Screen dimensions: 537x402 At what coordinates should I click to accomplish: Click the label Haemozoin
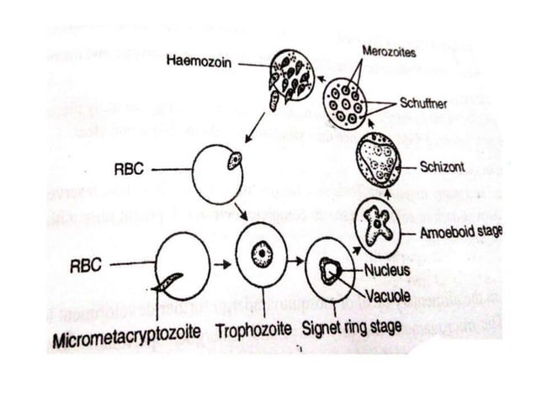(199, 61)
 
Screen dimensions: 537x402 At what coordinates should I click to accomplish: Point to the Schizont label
(442, 167)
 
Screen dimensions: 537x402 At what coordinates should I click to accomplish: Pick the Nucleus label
(387, 271)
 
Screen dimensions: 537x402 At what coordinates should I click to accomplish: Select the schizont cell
(379, 161)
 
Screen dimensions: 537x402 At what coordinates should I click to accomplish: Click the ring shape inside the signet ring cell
(329, 269)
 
